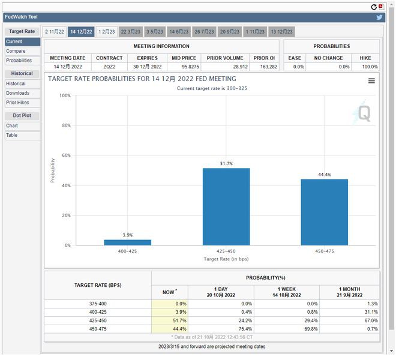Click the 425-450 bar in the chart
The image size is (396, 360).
click(226, 206)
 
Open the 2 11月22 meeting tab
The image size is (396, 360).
click(54, 31)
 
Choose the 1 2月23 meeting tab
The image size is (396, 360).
click(107, 31)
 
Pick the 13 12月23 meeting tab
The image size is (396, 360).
click(281, 31)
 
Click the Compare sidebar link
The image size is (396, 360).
click(16, 51)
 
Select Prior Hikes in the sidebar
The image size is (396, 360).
click(18, 103)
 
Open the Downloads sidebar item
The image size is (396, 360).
click(18, 93)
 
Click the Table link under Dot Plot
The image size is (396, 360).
click(12, 135)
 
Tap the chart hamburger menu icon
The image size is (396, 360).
click(371, 81)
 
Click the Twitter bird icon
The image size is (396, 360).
click(379, 17)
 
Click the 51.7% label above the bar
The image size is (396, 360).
click(226, 164)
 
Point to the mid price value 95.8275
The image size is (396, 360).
click(184, 67)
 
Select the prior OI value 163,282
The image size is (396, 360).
click(265, 67)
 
